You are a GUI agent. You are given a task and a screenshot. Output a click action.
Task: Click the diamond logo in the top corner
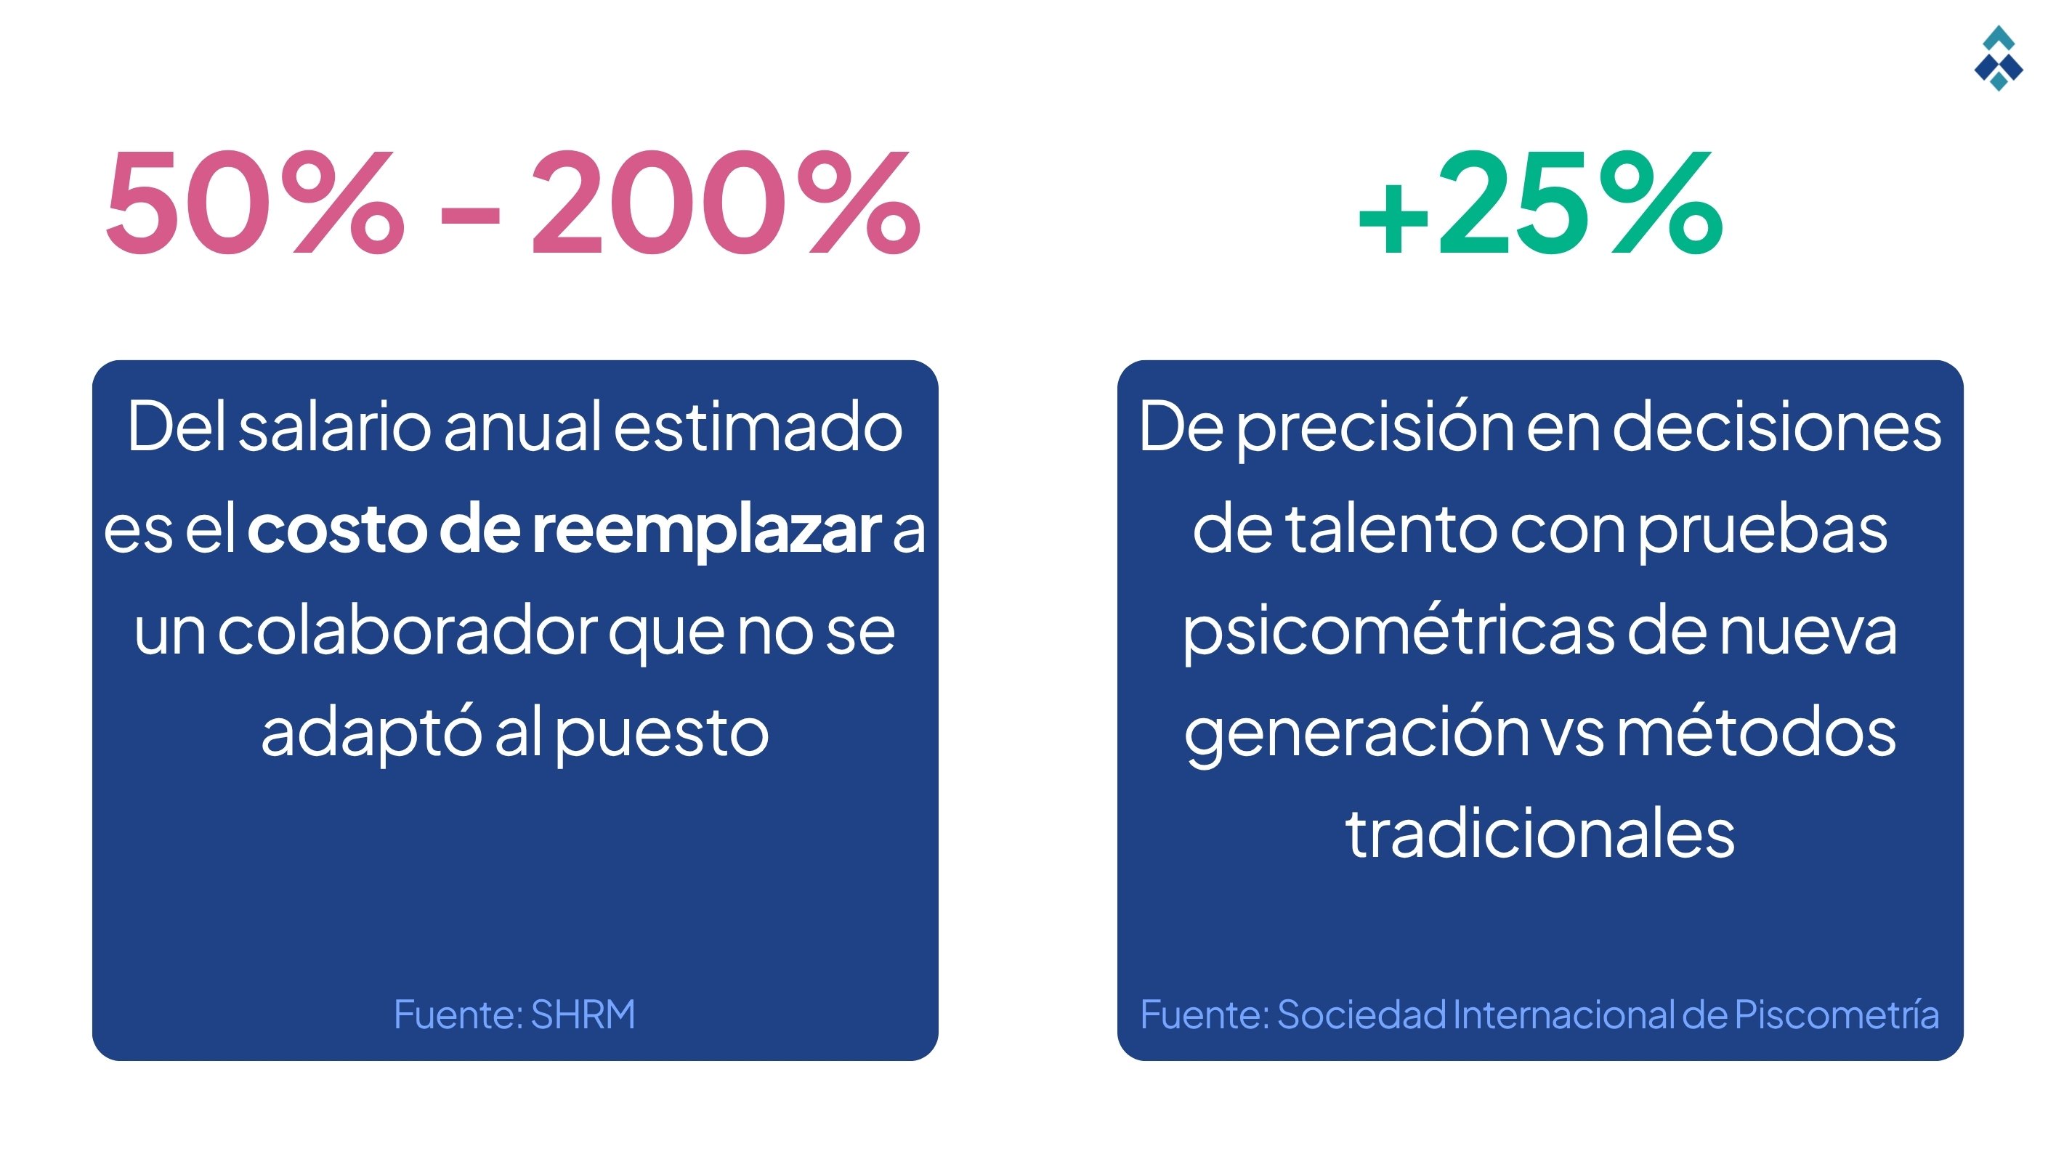coord(1998,58)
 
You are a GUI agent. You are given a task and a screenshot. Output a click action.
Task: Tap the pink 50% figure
coord(254,202)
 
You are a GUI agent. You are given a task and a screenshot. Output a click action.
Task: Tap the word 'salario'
coord(335,428)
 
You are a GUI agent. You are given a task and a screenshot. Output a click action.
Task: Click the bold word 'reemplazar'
coord(706,531)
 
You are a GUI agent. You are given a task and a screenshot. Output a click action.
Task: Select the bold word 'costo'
coord(336,531)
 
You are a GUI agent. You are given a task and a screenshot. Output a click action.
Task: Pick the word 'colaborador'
coord(407,633)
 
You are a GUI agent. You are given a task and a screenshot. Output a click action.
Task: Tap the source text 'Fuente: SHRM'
coord(514,1015)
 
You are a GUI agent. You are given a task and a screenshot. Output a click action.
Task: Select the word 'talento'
coord(1392,531)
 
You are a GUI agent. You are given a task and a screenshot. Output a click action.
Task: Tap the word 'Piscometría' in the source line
coord(1837,1015)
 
